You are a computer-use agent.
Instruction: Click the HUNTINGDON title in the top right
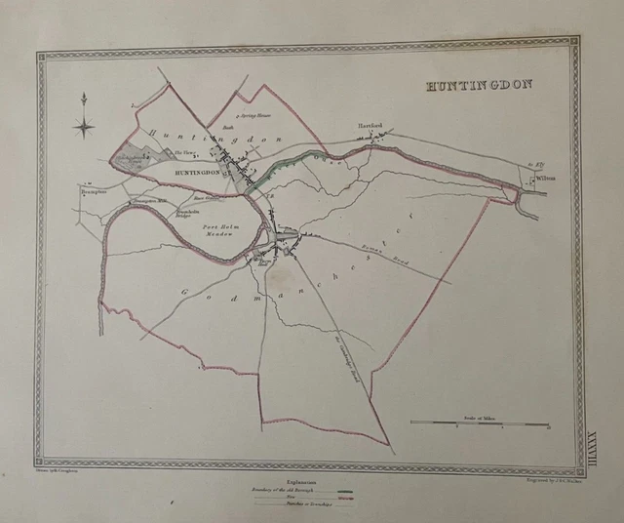[478, 85]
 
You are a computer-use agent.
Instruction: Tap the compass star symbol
[84, 124]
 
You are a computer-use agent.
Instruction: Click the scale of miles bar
[479, 423]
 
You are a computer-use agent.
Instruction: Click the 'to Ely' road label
[532, 166]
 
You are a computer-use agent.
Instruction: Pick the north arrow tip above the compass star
[84, 95]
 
